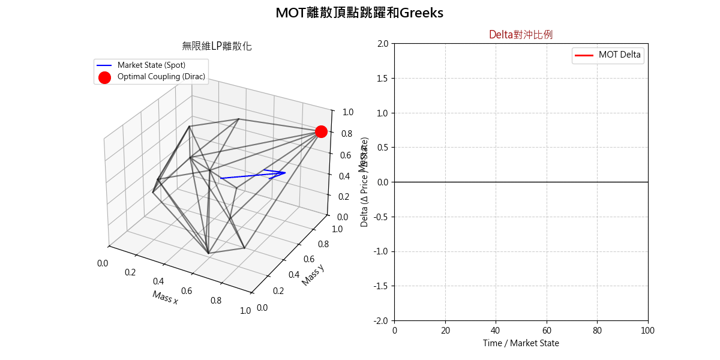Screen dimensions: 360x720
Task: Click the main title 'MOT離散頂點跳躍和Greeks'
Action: (359, 13)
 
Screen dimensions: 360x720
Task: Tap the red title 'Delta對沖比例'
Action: (521, 35)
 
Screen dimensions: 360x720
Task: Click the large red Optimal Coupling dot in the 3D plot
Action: (321, 131)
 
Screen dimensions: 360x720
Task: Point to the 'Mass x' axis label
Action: (165, 297)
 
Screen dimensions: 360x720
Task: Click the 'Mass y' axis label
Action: (313, 275)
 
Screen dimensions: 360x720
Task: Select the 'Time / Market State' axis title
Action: (521, 343)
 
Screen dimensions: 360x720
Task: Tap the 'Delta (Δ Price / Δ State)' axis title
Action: (364, 182)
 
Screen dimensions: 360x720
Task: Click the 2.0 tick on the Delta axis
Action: (382, 44)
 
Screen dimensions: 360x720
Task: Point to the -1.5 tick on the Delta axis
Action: (380, 286)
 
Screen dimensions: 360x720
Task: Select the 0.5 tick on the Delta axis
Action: (382, 148)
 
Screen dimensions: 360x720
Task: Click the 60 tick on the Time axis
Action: (547, 331)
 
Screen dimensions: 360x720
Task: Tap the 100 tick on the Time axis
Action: (648, 331)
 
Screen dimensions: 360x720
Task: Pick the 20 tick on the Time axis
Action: (445, 331)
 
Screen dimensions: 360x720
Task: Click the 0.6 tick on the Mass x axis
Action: (187, 291)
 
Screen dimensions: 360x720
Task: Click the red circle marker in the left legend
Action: (104, 77)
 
